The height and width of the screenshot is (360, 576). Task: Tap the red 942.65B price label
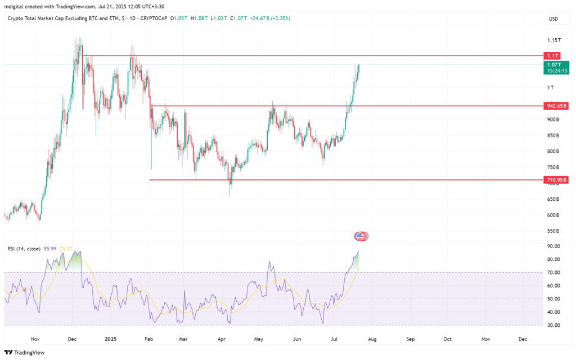(x=556, y=106)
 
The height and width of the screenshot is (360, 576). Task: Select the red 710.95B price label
(x=556, y=180)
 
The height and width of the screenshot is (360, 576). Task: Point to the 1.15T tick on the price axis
(x=554, y=40)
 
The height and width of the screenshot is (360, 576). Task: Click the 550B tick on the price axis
(x=554, y=231)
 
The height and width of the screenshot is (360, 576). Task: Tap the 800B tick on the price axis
(x=554, y=151)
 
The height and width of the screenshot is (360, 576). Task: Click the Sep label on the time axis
(x=411, y=339)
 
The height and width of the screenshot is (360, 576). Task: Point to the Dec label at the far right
(x=523, y=339)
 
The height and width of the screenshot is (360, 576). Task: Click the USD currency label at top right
(x=553, y=19)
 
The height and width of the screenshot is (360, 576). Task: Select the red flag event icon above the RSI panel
(x=361, y=236)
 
